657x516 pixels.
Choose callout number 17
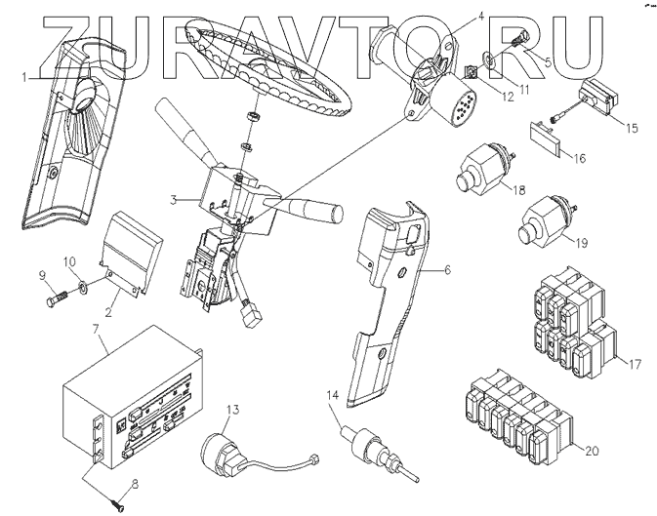(x=634, y=365)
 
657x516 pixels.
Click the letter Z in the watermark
(x=56, y=44)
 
